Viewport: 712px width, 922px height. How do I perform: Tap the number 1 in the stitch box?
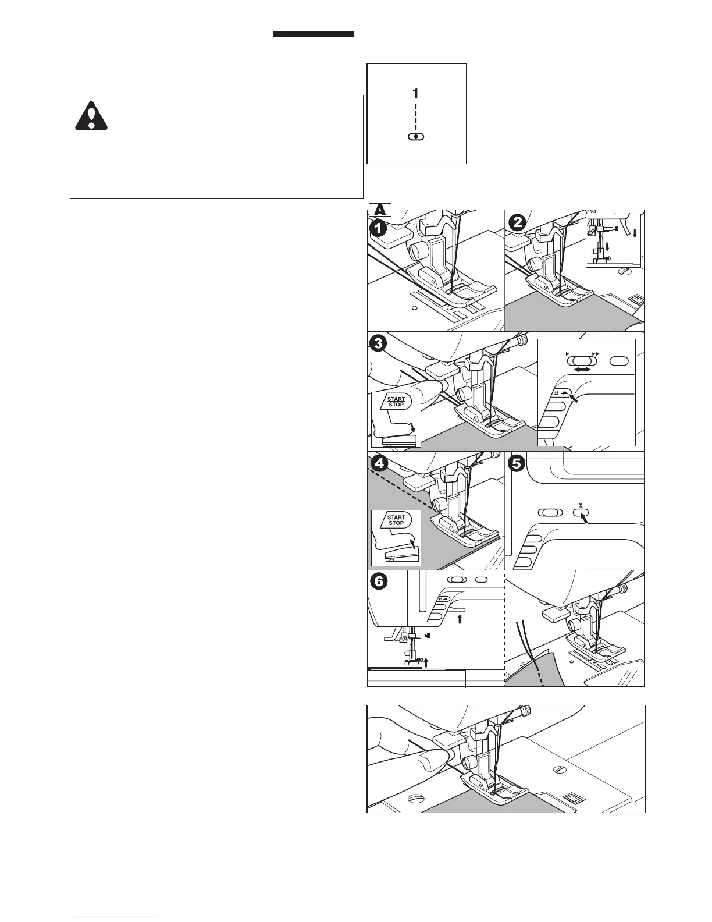tap(415, 93)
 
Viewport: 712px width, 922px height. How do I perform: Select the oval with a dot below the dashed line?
tap(416, 136)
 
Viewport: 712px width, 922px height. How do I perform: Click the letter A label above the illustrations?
tap(380, 209)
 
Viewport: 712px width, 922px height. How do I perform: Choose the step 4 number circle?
tap(379, 464)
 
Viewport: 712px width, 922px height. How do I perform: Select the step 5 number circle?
tap(516, 463)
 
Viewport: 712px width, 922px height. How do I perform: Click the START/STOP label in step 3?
tap(396, 402)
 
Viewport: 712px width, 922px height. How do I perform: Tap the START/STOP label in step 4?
tap(396, 520)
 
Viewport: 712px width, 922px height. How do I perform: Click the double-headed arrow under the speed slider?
tap(582, 370)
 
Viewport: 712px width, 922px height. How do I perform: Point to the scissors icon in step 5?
tap(580, 505)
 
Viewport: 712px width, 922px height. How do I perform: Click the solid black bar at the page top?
tap(314, 34)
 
